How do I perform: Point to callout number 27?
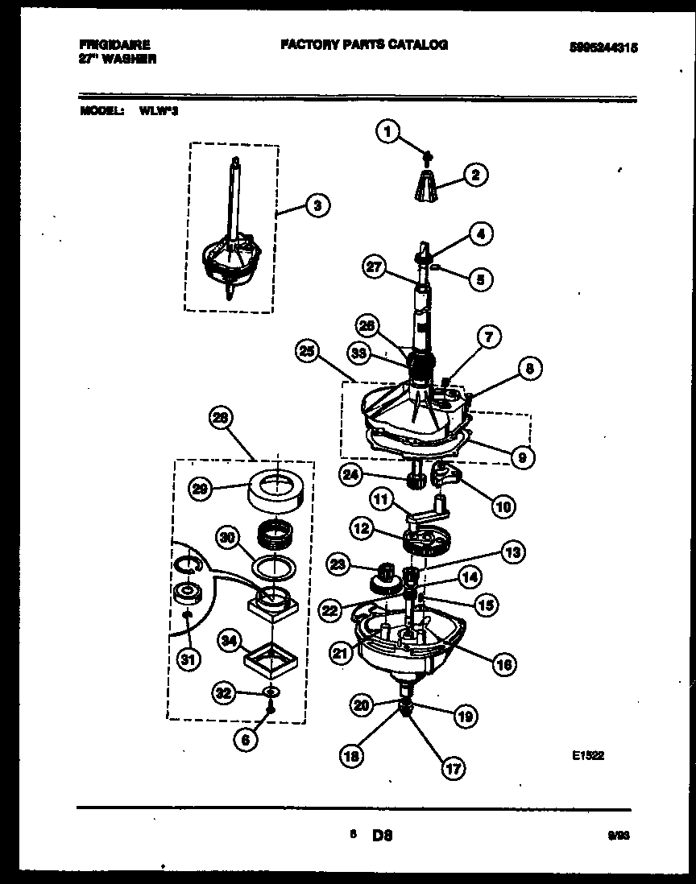click(375, 268)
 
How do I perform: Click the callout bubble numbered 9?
click(521, 457)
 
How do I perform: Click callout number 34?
click(230, 641)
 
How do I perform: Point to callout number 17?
click(454, 768)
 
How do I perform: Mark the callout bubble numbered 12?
click(361, 530)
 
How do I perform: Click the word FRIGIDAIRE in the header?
click(115, 45)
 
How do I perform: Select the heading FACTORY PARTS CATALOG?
click(364, 45)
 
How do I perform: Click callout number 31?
click(187, 660)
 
